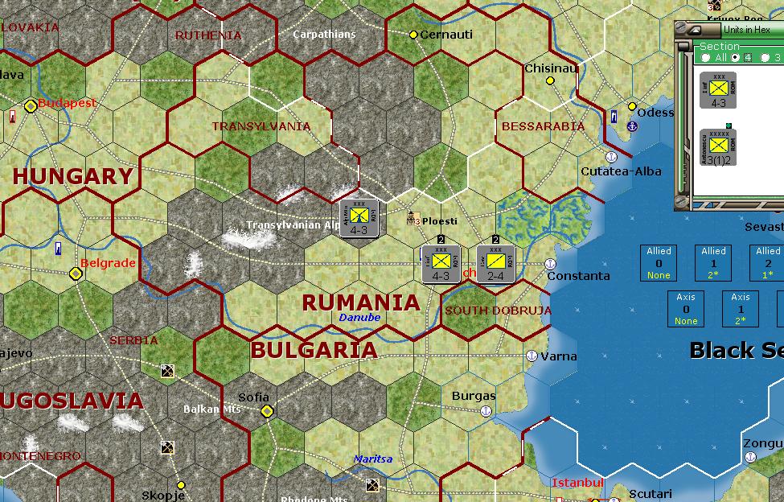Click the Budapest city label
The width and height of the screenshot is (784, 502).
click(x=67, y=103)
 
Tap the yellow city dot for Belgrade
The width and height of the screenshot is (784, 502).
click(x=76, y=274)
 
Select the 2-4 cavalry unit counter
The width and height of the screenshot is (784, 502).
click(x=495, y=263)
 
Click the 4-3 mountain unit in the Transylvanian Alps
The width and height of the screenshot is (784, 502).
click(x=359, y=218)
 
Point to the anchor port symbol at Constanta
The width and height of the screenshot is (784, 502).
click(x=550, y=264)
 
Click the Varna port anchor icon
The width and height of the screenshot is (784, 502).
click(x=531, y=356)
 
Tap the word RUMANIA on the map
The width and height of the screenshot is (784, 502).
click(x=360, y=302)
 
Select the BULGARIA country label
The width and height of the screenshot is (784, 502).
click(x=314, y=350)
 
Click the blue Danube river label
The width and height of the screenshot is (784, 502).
click(x=359, y=318)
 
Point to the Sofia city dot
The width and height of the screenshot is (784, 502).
click(x=267, y=411)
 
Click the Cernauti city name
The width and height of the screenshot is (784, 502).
click(x=446, y=35)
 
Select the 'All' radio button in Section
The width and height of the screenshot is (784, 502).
click(x=706, y=58)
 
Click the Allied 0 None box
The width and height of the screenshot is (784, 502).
click(x=659, y=262)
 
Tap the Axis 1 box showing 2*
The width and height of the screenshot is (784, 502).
click(x=741, y=308)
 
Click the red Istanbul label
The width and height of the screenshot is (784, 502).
click(x=577, y=483)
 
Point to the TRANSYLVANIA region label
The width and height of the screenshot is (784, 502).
click(x=261, y=126)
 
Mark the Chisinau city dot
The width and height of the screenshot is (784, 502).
click(x=551, y=80)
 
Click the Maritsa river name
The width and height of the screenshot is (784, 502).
click(x=372, y=459)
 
